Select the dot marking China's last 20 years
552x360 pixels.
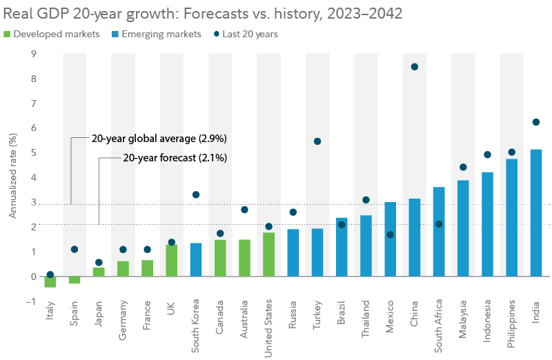414,67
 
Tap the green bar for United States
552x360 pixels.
268,254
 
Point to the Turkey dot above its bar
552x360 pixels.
317,141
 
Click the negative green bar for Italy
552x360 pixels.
50,281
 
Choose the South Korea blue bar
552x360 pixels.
196,259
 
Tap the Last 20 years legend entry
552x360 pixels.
245,34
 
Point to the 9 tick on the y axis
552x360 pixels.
34,54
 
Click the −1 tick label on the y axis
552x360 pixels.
31,301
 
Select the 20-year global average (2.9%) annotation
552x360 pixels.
159,139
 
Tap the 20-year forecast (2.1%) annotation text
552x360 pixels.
175,158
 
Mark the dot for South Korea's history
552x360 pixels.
196,195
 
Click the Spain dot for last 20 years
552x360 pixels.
74,249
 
